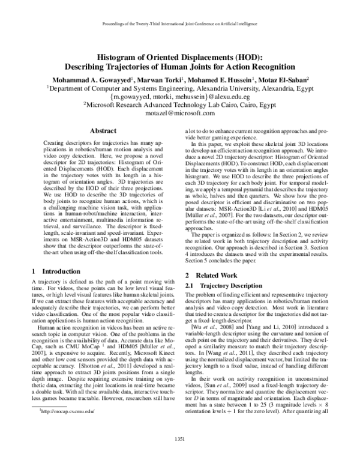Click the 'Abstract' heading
tap(98, 130)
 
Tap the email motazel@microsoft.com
tap(180, 112)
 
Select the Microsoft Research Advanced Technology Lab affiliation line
tap(179, 104)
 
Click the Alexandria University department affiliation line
tap(179, 87)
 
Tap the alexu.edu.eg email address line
tap(179, 95)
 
